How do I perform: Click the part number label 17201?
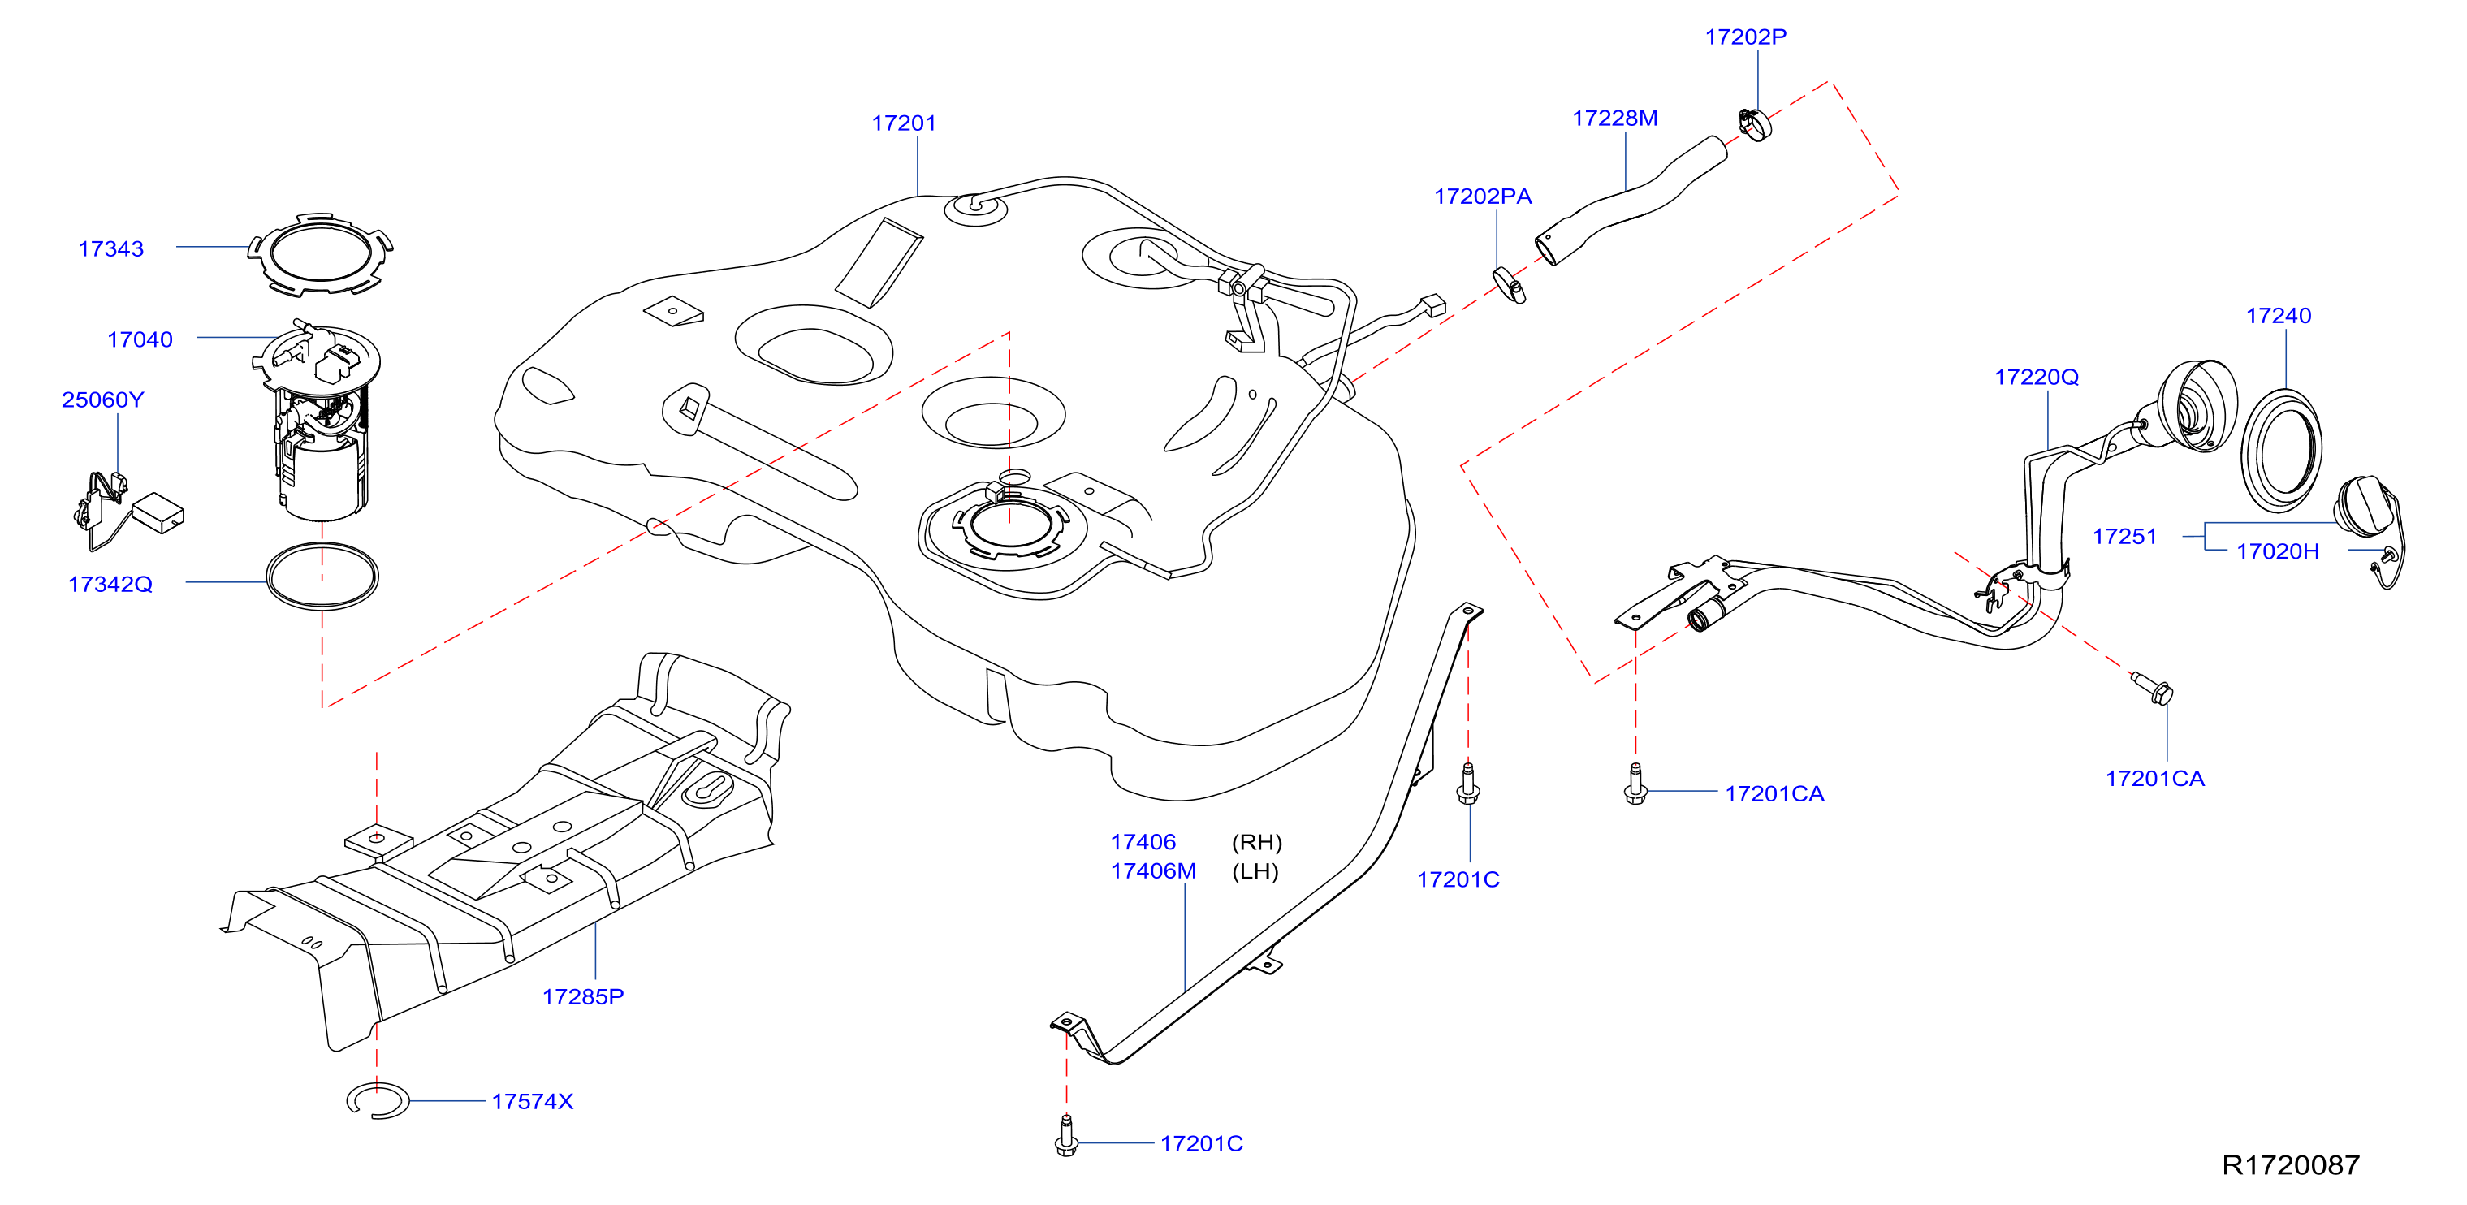pyautogui.click(x=903, y=123)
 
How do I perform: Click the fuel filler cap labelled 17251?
pyautogui.click(x=2370, y=512)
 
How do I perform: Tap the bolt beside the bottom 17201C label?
pyautogui.click(x=1066, y=1136)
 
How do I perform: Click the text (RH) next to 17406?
pyautogui.click(x=1256, y=842)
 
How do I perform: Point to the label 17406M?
pyautogui.click(x=1153, y=870)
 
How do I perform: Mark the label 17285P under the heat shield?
pyautogui.click(x=582, y=997)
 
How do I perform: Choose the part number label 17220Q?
pyautogui.click(x=2036, y=378)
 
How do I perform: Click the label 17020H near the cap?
pyautogui.click(x=2277, y=551)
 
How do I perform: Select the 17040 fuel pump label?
pyautogui.click(x=140, y=340)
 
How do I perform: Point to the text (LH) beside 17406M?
pyautogui.click(x=1255, y=871)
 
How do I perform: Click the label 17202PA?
pyautogui.click(x=1483, y=197)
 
